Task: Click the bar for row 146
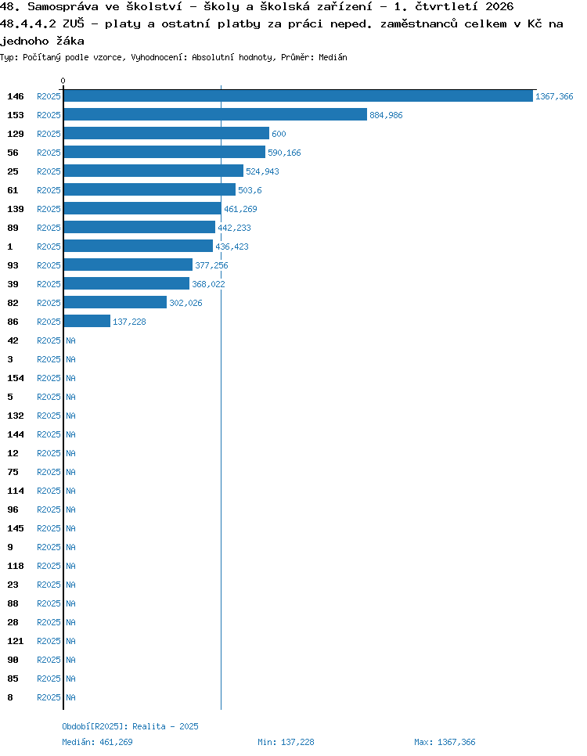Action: click(298, 96)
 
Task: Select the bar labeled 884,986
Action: click(215, 114)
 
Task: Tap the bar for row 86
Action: click(87, 321)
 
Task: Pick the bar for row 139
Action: click(142, 208)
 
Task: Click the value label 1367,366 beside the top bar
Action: click(554, 96)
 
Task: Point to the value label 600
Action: click(279, 134)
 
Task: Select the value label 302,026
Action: click(185, 303)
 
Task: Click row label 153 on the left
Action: click(16, 115)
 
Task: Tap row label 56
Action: click(13, 153)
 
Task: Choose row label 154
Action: click(16, 378)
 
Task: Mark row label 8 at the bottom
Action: click(10, 697)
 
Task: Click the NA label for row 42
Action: click(71, 340)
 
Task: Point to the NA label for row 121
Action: click(71, 641)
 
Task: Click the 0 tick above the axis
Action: click(63, 81)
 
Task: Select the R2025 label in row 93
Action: click(49, 265)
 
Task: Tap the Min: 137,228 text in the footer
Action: click(286, 742)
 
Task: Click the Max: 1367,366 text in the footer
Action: click(445, 742)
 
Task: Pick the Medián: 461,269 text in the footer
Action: click(97, 742)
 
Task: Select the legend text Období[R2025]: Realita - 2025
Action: click(130, 726)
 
